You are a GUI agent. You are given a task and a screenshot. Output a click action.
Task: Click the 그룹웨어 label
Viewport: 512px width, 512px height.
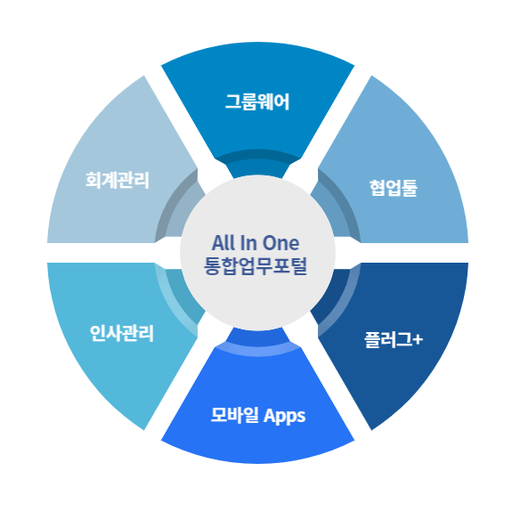(x=257, y=102)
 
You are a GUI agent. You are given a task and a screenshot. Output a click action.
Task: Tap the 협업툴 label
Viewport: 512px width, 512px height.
(x=394, y=188)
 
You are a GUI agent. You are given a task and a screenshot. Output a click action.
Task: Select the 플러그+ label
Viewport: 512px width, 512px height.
(x=394, y=340)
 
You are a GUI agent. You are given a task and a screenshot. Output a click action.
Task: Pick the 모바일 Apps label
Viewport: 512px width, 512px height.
(x=258, y=415)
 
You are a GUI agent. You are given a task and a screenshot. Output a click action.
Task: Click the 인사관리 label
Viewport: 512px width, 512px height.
(x=121, y=333)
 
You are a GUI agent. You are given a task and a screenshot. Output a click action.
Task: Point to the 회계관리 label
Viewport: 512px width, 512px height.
(x=118, y=180)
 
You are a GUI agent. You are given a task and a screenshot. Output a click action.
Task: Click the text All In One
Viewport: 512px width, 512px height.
(x=256, y=243)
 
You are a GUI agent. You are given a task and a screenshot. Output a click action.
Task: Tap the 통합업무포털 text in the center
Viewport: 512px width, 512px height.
(x=256, y=266)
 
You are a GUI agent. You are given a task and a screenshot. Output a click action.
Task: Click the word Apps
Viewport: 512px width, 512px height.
(x=285, y=417)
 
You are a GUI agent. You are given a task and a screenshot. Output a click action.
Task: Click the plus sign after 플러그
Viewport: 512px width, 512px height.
(x=418, y=340)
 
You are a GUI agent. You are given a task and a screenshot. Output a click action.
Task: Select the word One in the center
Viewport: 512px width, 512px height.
(x=280, y=243)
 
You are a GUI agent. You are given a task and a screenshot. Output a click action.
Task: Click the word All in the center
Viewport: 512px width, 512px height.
(x=223, y=243)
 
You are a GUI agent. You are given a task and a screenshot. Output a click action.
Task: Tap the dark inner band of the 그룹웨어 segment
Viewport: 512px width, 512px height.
(x=257, y=155)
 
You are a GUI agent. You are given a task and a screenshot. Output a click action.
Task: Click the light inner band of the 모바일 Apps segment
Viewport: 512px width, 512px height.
(x=257, y=351)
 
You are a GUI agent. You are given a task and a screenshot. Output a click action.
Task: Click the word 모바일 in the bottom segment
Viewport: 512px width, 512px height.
(x=235, y=415)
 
